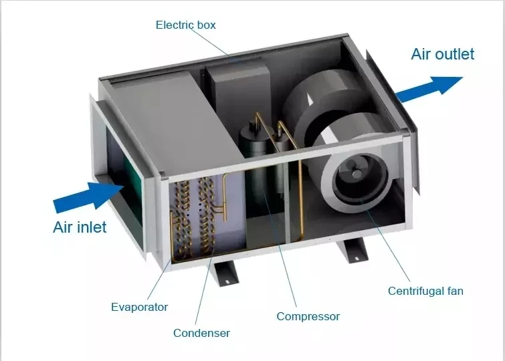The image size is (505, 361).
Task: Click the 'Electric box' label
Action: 185,25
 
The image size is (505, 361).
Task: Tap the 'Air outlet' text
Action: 442,54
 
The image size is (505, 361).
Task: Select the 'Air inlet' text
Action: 80,227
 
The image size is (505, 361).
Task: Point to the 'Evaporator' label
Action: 139,307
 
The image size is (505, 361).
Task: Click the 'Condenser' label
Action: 201,332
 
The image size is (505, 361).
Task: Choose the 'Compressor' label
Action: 308,316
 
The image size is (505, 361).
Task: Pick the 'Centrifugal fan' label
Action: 425,291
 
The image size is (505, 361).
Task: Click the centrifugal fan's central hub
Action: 357,174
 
